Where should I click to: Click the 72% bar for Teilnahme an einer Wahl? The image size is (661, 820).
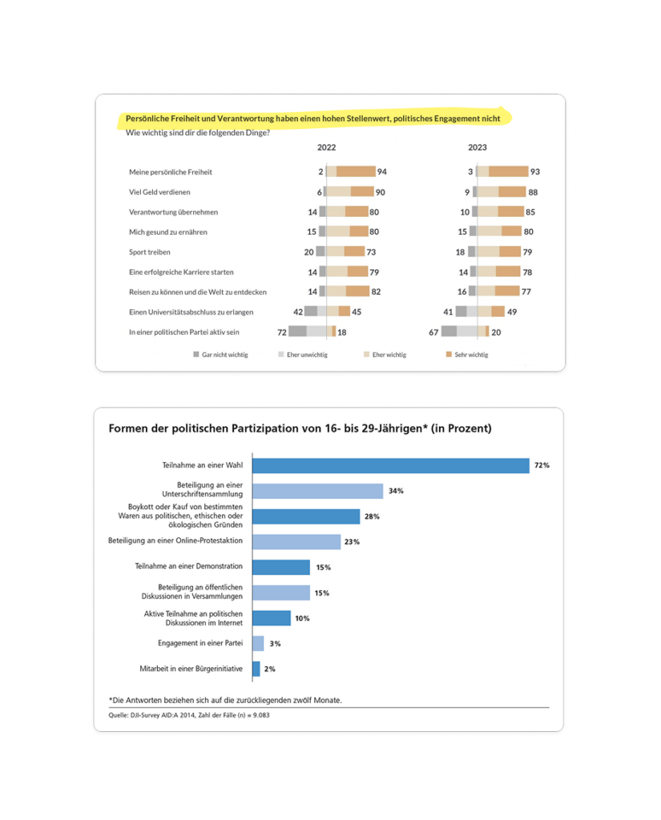(x=391, y=465)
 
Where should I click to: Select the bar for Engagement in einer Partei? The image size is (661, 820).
(x=258, y=643)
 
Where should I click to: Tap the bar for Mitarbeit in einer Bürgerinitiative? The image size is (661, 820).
(x=256, y=669)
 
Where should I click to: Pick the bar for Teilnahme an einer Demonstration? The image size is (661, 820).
(x=281, y=567)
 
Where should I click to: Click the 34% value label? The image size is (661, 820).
(x=395, y=491)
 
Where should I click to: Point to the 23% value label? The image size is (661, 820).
(x=352, y=542)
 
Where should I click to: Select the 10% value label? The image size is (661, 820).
(x=302, y=618)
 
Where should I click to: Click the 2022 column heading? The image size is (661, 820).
(x=326, y=147)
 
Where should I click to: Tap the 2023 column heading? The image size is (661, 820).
(x=477, y=147)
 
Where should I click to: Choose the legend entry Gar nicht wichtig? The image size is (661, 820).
(x=224, y=354)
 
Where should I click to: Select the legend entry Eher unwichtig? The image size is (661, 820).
(x=307, y=354)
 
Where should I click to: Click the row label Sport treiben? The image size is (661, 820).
(x=150, y=251)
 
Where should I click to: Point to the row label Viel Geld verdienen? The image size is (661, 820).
(x=159, y=192)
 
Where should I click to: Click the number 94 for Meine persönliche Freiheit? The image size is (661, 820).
(x=382, y=172)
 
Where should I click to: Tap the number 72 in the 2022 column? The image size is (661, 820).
(x=282, y=332)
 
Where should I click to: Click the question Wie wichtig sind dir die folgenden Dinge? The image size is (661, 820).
(x=198, y=132)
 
